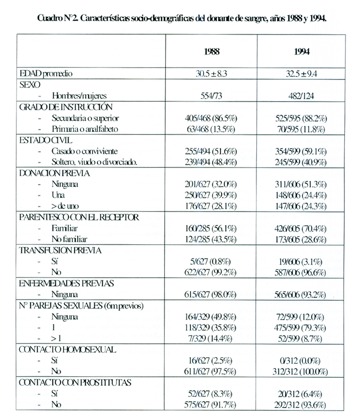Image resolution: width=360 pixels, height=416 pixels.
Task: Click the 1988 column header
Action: pos(212,51)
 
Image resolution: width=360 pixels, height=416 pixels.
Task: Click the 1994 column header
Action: pos(302,51)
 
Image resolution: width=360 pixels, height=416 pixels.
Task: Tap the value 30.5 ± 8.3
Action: pos(212,74)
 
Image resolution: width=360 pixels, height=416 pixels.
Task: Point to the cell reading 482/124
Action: pos(302,96)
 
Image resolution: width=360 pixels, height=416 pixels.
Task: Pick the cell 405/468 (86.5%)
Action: pos(212,118)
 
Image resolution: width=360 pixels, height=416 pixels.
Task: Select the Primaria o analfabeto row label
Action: pos(85,129)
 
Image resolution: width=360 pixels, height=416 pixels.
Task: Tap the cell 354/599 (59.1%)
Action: pos(302,151)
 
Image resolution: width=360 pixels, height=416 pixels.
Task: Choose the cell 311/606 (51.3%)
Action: pos(302,184)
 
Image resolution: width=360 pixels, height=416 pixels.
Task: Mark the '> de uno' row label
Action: pos(65,206)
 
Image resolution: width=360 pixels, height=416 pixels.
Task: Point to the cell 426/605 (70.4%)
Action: pos(302,228)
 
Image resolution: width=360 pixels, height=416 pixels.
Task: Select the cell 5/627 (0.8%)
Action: pos(212,261)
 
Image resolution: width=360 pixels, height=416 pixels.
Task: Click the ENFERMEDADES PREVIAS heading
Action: pos(66,283)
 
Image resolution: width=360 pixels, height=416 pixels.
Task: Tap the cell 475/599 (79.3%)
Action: pos(302,327)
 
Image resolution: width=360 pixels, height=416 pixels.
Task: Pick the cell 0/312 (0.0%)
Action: pos(302,361)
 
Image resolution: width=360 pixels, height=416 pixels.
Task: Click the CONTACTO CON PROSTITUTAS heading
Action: pos(75,383)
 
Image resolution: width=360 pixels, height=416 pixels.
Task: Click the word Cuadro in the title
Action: pos(51,19)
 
